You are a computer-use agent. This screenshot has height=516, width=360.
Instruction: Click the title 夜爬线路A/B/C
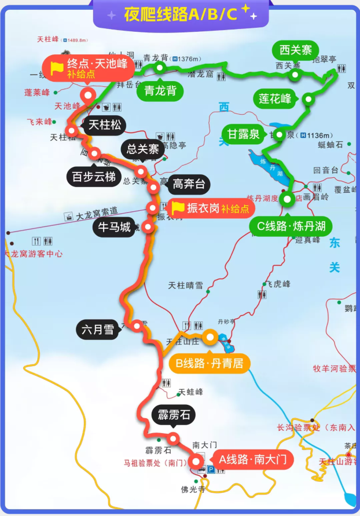180,14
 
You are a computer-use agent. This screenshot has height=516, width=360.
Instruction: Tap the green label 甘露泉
242,135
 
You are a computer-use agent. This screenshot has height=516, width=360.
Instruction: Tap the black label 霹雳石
173,415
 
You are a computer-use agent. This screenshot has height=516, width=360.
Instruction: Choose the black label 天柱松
104,125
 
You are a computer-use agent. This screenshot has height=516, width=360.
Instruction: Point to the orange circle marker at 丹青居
210,336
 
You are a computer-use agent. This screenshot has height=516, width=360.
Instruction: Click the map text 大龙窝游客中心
34,254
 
